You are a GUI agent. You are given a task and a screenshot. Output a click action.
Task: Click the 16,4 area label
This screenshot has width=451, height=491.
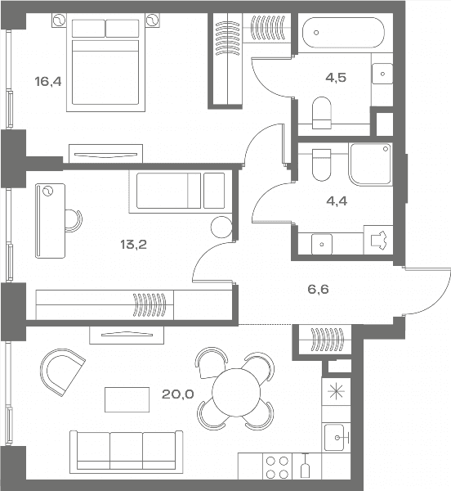pyautogui.click(x=48, y=82)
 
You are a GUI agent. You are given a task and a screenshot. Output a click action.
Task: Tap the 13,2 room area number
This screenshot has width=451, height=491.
pyautogui.click(x=133, y=244)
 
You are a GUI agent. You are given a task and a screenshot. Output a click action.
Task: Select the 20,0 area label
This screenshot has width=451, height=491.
pyautogui.click(x=178, y=394)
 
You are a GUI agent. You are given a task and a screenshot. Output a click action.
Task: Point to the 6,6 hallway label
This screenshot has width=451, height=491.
pyautogui.click(x=318, y=290)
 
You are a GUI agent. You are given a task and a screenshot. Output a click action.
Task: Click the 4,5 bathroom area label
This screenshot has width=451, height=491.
pyautogui.click(x=336, y=78)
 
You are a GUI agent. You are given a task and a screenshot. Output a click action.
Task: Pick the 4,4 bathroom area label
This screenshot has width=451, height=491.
pyautogui.click(x=337, y=201)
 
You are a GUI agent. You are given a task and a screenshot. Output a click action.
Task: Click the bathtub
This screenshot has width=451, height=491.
pyautogui.click(x=343, y=32)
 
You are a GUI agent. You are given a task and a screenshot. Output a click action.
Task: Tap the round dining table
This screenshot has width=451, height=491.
pyautogui.click(x=236, y=392)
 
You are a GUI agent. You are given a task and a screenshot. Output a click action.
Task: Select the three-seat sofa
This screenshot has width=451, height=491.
pyautogui.click(x=126, y=452)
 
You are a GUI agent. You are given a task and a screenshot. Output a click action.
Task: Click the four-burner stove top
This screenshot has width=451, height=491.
pyautogui.click(x=277, y=467)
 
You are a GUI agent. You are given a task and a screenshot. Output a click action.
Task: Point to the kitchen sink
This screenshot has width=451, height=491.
pyautogui.click(x=336, y=437)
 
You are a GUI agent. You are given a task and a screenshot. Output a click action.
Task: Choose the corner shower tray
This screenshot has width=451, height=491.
pyautogui.click(x=371, y=164)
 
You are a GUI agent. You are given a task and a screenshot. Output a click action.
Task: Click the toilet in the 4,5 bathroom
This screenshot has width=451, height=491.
pyautogui.click(x=322, y=113)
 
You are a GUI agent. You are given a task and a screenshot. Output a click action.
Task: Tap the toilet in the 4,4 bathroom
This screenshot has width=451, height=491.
pyautogui.click(x=322, y=165)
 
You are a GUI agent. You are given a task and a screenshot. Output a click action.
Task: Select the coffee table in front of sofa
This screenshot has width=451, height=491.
pyautogui.click(x=127, y=399)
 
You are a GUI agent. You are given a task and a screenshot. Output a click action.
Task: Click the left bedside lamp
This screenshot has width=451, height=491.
pyautogui.click(x=59, y=20)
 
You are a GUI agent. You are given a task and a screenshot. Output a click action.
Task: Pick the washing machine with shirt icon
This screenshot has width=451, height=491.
pyautogui.click(x=378, y=240)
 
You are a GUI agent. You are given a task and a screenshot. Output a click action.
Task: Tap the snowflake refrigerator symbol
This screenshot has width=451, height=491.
pyautogui.click(x=336, y=392)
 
